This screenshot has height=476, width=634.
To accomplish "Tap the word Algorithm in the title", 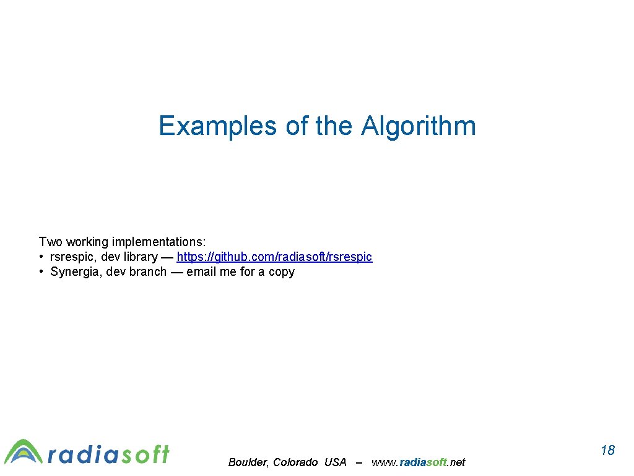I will click(419, 126).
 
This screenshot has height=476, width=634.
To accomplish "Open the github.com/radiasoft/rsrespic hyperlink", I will click(274, 257).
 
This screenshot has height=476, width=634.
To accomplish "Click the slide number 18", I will click(607, 450).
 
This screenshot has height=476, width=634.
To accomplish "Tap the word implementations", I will click(158, 241).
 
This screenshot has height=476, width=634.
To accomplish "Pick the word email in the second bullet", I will click(202, 271).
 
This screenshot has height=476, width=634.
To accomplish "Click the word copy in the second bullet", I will click(282, 271).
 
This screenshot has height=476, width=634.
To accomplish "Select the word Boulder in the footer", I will click(248, 462).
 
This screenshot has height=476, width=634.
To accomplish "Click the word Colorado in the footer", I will click(295, 462).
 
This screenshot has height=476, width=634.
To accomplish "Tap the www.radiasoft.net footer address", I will click(418, 462).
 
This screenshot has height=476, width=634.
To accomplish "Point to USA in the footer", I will click(335, 462).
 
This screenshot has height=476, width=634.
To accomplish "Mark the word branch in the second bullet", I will click(148, 271).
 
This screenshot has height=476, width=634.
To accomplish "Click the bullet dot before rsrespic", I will click(40, 257).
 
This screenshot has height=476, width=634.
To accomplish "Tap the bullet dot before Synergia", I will click(40, 271).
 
